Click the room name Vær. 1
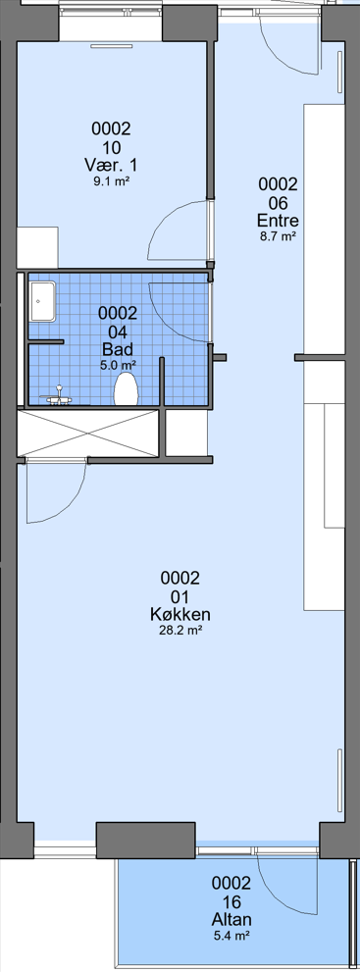pos(111,166)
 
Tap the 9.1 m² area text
pos(112,181)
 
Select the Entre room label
pos(278,221)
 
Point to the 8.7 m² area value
pos(278,236)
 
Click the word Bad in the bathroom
pos(118,349)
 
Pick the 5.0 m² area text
pos(118,365)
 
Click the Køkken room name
pos(180,614)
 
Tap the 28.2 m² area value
pos(180,631)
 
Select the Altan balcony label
pos(231,919)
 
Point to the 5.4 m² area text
pos(231,935)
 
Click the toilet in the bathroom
pos(127,389)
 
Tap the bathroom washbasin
pos(42,301)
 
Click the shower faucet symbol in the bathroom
pos(58,396)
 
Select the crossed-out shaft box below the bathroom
pos(90,434)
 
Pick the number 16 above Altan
pos(231,900)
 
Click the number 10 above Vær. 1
pos(112,147)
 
